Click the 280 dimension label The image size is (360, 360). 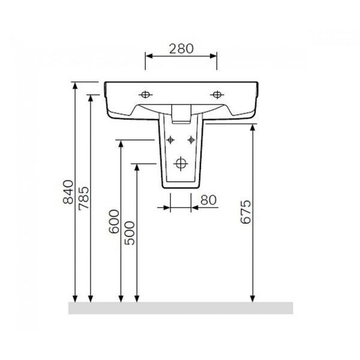(x=181, y=49)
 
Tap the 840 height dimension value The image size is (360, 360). (x=68, y=192)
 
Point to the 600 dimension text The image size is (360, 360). (x=114, y=221)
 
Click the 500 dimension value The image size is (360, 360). (x=130, y=233)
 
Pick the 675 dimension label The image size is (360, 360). (x=245, y=212)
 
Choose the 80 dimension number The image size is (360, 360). (x=208, y=200)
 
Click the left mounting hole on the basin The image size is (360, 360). (x=145, y=94)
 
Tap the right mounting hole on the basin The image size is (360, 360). (x=217, y=94)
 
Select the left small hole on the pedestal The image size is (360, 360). (x=170, y=140)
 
